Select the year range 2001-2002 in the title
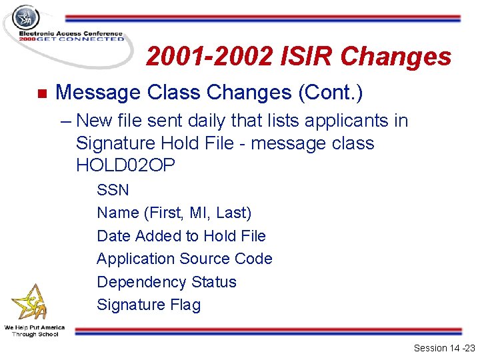tap(208, 57)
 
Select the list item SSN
tap(113, 190)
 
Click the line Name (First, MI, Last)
tap(174, 213)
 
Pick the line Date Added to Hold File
tap(181, 236)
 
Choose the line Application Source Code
tap(185, 259)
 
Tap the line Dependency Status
tap(167, 282)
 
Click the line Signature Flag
tap(149, 305)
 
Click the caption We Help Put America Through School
tap(35, 331)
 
